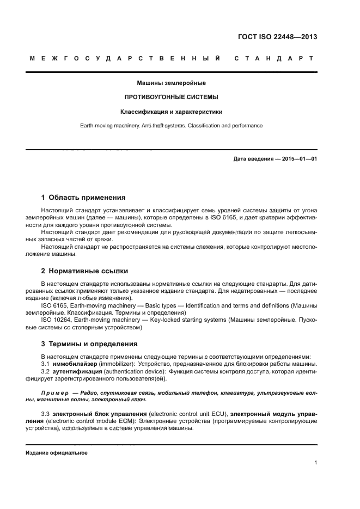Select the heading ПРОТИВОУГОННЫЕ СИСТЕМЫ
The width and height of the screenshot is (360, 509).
pos(172,97)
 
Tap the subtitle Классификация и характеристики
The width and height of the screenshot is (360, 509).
pos(172,112)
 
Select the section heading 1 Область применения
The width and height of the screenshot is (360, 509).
pos(83,197)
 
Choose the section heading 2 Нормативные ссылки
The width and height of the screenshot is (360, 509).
pos(84,270)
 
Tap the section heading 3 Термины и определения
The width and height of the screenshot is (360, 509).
pos(90,344)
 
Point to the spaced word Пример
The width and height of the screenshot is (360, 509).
pos(56,393)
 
